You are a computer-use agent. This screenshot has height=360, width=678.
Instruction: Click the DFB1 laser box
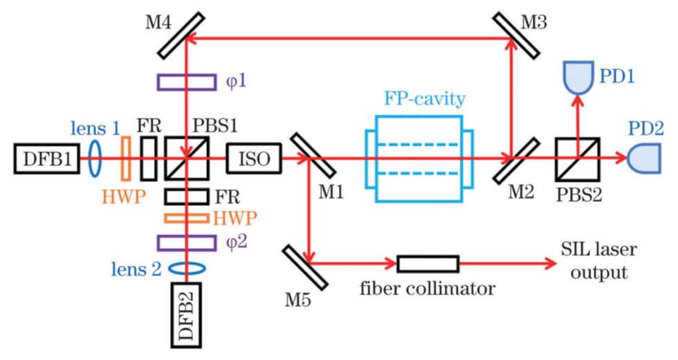(x=44, y=159)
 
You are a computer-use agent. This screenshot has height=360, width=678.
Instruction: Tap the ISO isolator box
(x=253, y=159)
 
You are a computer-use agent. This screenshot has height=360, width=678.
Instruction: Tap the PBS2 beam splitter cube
(x=578, y=159)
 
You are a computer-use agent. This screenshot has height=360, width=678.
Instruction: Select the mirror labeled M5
(x=304, y=265)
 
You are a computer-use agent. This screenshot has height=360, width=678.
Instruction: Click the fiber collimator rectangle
(x=428, y=264)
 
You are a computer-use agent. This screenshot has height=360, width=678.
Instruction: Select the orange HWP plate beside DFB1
(x=126, y=159)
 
